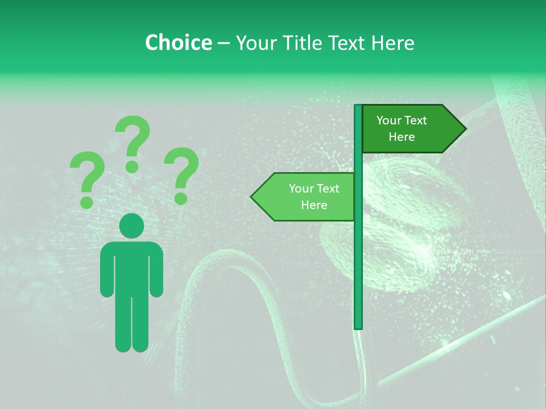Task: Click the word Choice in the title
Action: (178, 43)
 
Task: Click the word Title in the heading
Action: (309, 43)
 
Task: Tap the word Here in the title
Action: (393, 43)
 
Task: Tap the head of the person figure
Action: (131, 226)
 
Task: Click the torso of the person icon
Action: (131, 267)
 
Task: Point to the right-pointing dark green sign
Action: (409, 128)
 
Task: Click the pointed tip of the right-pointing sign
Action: (463, 128)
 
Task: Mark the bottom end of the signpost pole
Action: (358, 326)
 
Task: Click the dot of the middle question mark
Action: (132, 166)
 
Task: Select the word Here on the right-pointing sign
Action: (402, 137)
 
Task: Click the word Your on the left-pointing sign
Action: (300, 189)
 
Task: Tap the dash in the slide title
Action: (224, 43)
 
